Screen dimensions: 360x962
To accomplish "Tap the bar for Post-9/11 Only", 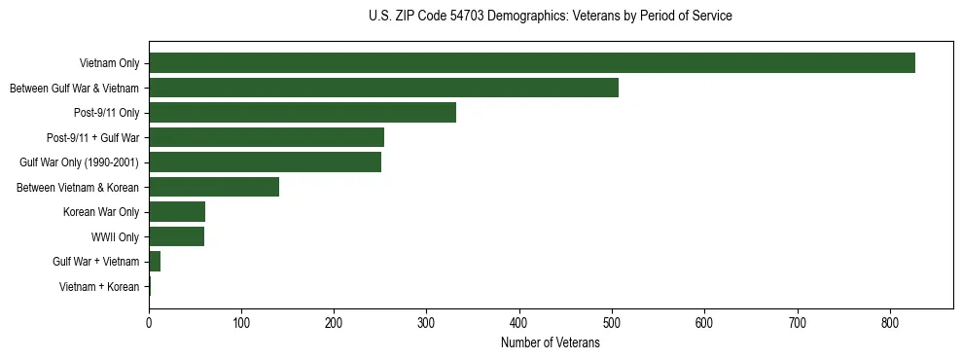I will click(303, 113).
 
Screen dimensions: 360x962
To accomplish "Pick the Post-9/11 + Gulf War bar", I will click(267, 137).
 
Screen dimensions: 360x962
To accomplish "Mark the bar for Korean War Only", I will click(177, 212).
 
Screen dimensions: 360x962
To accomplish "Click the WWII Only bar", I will click(176, 236).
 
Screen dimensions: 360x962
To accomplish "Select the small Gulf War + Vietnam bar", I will click(155, 262).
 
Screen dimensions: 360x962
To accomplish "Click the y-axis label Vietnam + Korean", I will click(99, 287).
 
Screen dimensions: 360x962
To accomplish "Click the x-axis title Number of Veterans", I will click(550, 343).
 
